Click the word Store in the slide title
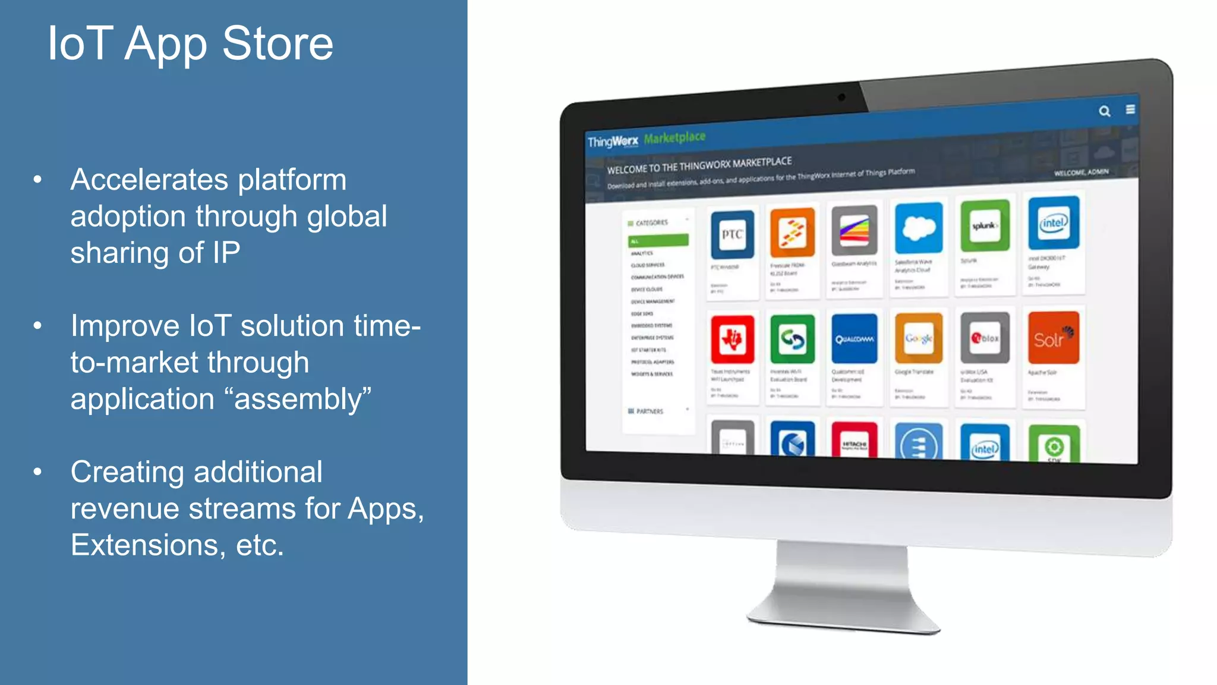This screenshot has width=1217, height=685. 277,43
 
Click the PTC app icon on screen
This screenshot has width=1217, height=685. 732,234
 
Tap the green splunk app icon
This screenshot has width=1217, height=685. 985,226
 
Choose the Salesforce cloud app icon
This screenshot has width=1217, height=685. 919,228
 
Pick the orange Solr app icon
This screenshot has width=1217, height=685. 1053,338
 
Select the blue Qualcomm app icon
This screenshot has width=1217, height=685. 854,339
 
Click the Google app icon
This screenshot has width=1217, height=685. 919,338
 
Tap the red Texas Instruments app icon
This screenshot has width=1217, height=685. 732,340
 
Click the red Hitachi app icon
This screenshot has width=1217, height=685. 854,441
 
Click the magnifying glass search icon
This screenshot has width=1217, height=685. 1104,111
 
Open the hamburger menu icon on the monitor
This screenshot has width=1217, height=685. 1130,109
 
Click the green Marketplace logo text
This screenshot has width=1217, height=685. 674,138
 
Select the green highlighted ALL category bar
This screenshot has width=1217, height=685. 658,241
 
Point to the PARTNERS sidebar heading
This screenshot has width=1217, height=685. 649,411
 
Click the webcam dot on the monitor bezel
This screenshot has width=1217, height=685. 841,98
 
